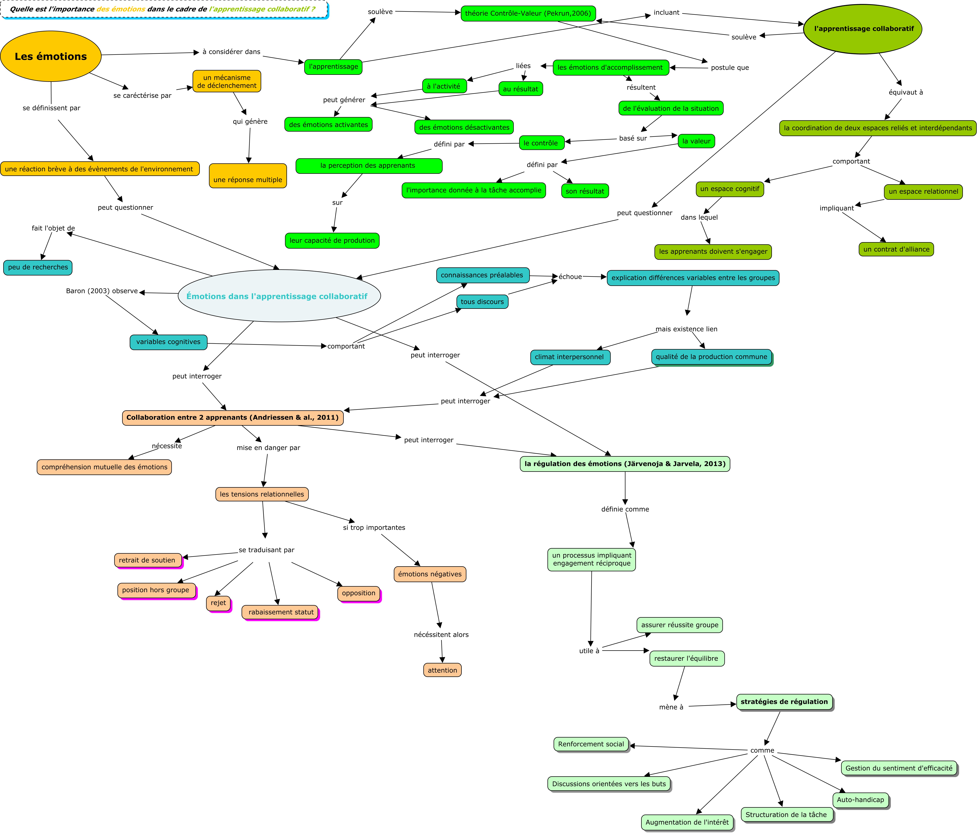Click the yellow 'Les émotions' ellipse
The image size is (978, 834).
51,56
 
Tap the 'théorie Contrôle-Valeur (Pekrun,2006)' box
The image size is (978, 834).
528,13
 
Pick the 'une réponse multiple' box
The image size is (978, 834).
248,176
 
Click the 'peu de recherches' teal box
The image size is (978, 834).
38,267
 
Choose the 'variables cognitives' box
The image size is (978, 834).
168,342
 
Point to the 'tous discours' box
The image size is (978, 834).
482,302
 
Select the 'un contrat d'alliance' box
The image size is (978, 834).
896,249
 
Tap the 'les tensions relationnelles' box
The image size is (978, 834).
262,495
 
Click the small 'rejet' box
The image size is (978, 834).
219,603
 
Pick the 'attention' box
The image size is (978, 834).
442,670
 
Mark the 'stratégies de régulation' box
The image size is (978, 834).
785,702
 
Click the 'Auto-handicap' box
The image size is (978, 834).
861,800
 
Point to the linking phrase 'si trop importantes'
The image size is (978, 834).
374,528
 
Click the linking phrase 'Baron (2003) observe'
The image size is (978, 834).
102,291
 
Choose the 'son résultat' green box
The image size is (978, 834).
585,191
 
